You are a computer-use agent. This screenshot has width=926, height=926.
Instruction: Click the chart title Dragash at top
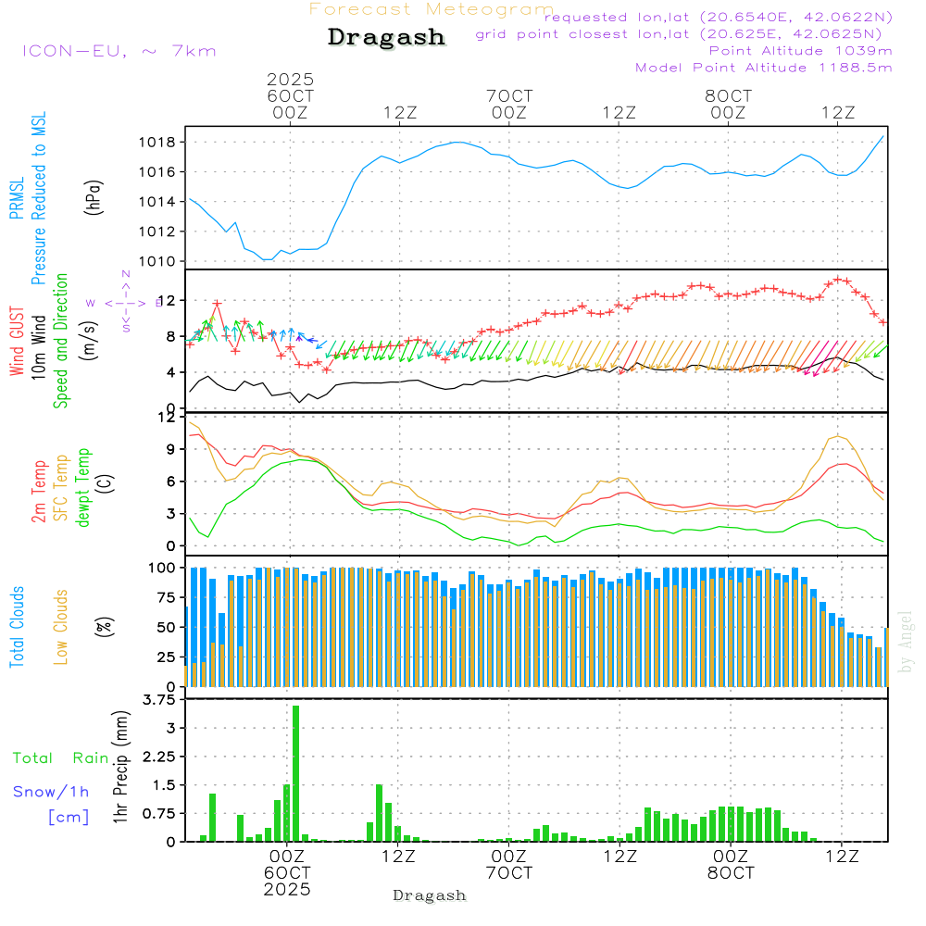tap(386, 38)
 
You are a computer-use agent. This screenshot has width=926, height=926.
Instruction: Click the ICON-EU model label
tap(119, 50)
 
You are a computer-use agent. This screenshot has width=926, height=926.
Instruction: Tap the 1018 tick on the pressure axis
tap(156, 143)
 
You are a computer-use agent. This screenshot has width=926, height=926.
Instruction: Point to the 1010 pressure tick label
tap(156, 261)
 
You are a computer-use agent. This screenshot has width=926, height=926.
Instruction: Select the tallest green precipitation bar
tap(295, 773)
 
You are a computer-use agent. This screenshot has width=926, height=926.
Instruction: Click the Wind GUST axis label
tap(17, 342)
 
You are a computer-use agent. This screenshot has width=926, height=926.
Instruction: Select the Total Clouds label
tap(17, 627)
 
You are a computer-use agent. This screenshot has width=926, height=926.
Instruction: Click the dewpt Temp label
tap(83, 488)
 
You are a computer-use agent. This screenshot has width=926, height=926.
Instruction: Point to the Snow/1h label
tap(51, 792)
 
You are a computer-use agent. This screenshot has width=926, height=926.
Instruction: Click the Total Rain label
tap(60, 757)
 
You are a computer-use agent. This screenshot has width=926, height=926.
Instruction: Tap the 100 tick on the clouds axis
tap(162, 568)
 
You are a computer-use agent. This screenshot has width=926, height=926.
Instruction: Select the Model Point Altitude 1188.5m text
tap(763, 67)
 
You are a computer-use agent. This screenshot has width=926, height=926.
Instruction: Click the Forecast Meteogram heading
tap(432, 9)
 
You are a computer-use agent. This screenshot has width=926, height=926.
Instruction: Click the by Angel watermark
tap(906, 654)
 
